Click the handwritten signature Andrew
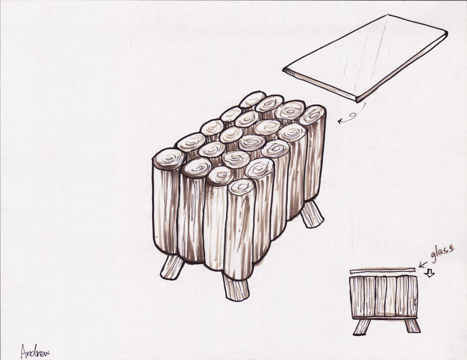coord(35,352)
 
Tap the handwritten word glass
coord(443,254)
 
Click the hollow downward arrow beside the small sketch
coord(430,272)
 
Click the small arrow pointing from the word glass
coord(423,264)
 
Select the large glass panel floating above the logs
coord(365,58)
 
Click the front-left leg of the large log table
coord(172,267)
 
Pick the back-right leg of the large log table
coord(311,214)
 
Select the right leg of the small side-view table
coord(413,325)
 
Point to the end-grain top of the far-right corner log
coord(312,115)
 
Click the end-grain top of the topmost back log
coord(252,99)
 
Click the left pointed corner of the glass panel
coord(283,70)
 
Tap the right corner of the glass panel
coord(447,32)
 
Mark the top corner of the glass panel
coord(387,15)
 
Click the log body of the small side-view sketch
coord(383,296)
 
